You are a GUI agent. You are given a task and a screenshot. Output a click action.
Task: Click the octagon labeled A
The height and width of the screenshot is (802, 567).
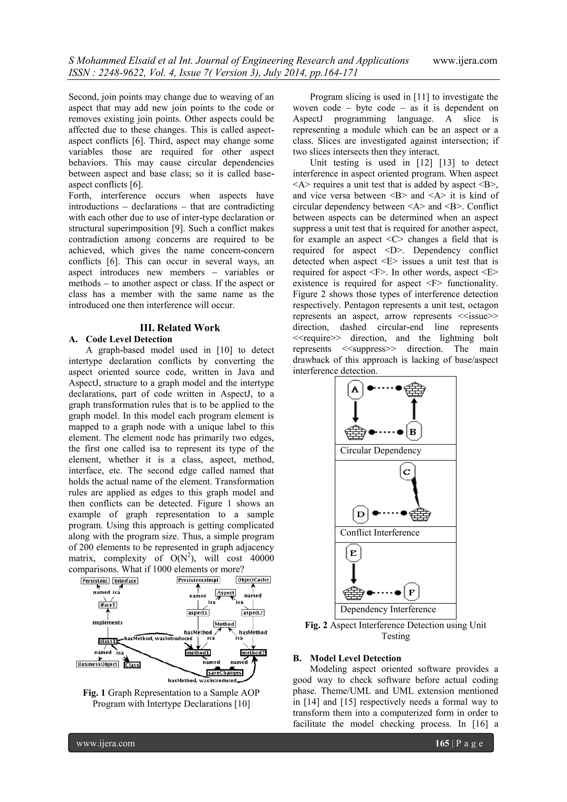(x=355, y=390)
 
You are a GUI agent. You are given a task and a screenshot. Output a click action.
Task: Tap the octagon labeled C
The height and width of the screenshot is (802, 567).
(x=407, y=472)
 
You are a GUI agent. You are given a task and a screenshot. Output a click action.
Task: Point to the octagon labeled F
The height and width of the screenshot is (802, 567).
(x=412, y=592)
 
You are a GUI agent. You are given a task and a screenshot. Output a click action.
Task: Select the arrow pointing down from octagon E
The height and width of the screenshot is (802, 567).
(x=354, y=573)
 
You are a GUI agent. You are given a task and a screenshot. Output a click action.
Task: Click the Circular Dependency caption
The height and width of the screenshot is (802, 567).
(x=381, y=451)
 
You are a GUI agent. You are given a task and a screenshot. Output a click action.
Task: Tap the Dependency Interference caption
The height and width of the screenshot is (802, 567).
(x=388, y=609)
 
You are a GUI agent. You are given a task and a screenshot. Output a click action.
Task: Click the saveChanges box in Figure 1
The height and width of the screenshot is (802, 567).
(x=225, y=673)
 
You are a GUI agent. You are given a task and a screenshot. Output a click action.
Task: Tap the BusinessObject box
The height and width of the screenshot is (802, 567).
(x=97, y=664)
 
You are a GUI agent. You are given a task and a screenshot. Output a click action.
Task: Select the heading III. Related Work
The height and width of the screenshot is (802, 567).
(x=180, y=328)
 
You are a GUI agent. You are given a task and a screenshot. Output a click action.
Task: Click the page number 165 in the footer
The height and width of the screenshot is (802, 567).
(x=442, y=743)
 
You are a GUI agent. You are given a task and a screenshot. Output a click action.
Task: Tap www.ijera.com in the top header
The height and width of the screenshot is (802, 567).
(x=465, y=60)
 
